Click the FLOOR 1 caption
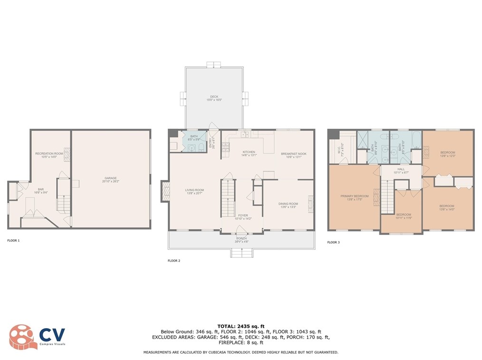point(13,241)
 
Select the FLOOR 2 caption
point(174,261)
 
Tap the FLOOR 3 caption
point(334,242)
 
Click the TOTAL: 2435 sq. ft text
point(241,326)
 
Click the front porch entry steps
point(241,253)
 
